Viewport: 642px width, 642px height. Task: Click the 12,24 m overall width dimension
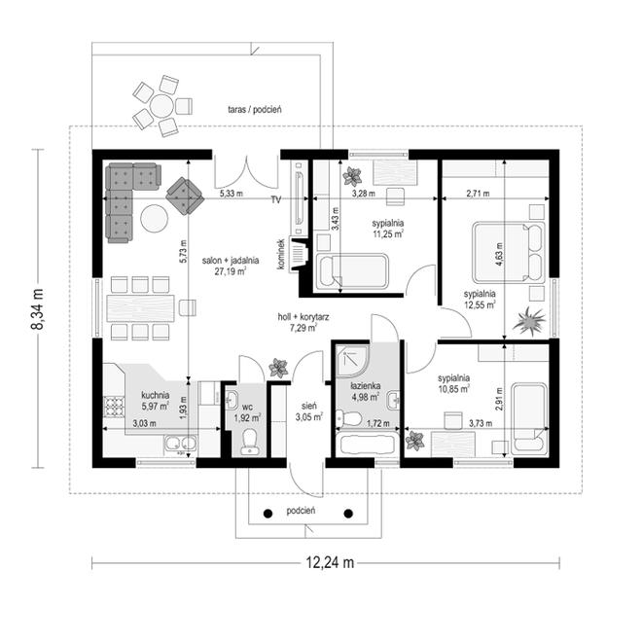pos(330,563)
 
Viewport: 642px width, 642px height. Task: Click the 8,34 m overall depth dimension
pos(38,308)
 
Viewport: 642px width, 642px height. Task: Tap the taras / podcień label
pos(255,110)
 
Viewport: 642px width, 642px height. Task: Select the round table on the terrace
pos(161,106)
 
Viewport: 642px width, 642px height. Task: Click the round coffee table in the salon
pos(154,218)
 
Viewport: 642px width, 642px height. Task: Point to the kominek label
pos(281,254)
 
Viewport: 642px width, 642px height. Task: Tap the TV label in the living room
pos(276,200)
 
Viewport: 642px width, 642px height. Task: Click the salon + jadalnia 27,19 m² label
pos(231,266)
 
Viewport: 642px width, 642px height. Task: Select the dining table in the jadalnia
pos(140,308)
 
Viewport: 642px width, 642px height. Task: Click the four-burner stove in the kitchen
pos(114,407)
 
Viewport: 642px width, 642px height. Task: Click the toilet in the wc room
pos(249,442)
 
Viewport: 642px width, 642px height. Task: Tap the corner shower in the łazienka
pos(352,360)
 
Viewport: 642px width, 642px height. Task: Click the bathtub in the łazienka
pos(368,445)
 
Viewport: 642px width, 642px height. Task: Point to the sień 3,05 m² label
pos(309,411)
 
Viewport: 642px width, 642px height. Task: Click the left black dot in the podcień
pos(267,513)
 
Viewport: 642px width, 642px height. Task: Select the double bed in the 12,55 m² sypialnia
pos(509,252)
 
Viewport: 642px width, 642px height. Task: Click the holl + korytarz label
pos(303,322)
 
